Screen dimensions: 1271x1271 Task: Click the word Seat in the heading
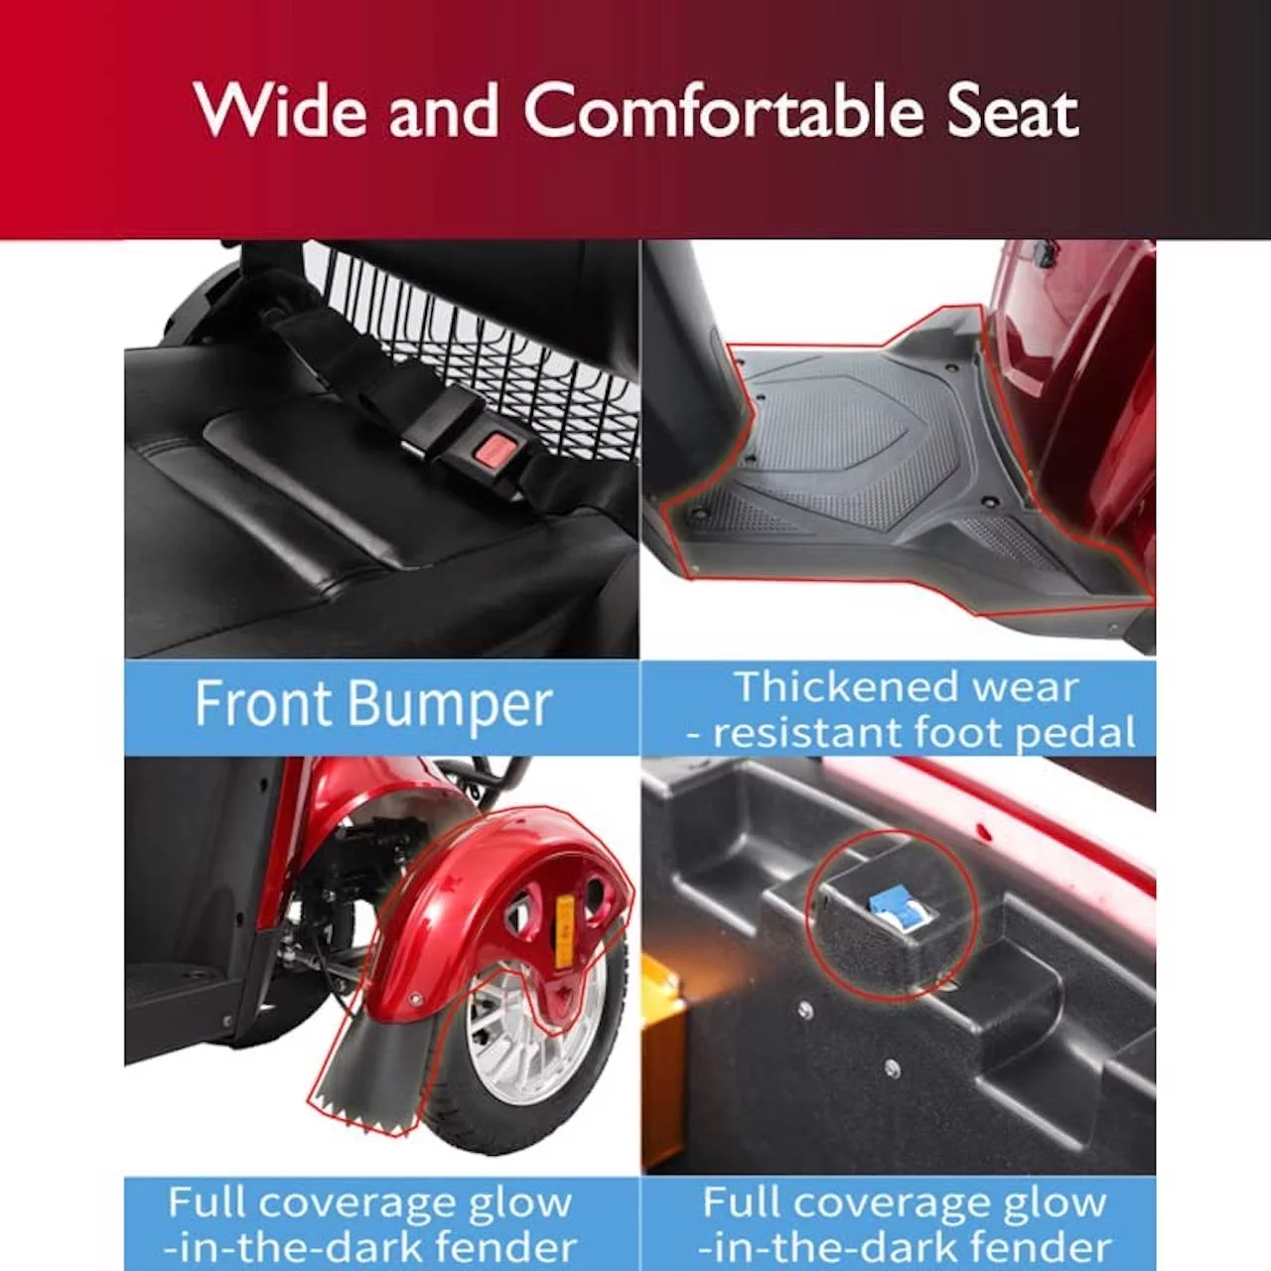(1011, 111)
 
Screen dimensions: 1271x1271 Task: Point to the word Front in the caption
(261, 704)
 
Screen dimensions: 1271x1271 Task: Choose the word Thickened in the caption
(843, 686)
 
